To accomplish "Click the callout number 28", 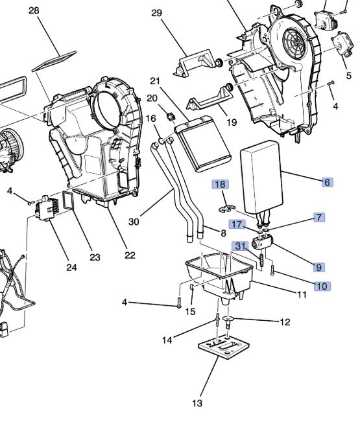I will click(x=34, y=11).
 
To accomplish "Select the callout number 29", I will click(x=156, y=12).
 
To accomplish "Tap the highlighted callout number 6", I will click(x=326, y=182).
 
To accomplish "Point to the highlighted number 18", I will click(x=220, y=185).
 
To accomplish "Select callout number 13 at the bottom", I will click(x=197, y=404).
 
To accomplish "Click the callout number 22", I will click(x=130, y=255).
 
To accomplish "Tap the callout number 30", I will click(x=134, y=222).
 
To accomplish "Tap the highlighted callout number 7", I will click(x=320, y=217).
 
